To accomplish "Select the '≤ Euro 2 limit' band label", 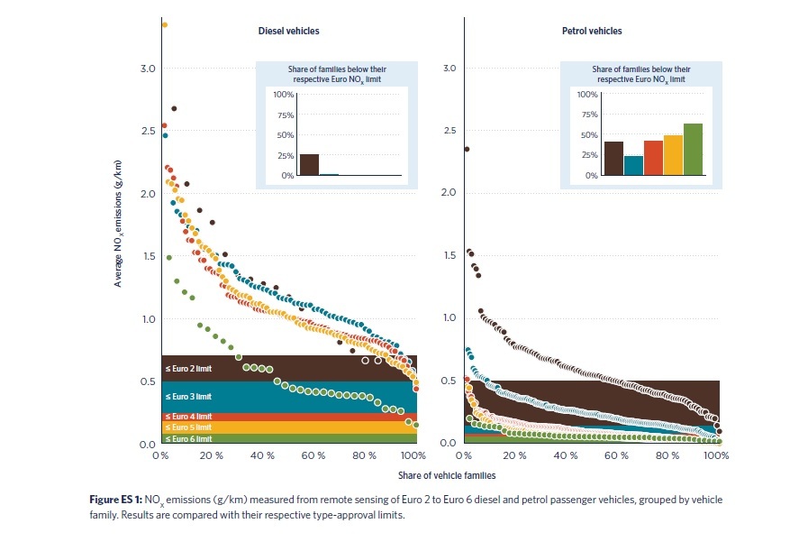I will (x=187, y=369).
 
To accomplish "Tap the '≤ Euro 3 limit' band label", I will (x=187, y=396).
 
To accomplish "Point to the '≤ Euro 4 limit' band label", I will (x=187, y=417).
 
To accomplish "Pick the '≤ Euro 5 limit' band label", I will (x=187, y=427).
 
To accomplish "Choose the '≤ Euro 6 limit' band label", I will (x=187, y=439).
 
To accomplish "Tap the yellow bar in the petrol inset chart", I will (x=673, y=155).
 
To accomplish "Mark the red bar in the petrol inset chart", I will (x=653, y=158).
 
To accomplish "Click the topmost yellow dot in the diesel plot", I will (x=165, y=25).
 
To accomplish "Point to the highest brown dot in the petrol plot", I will (x=467, y=149).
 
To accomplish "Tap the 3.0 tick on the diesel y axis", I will (x=148, y=69).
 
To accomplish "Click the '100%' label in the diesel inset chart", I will (x=283, y=95).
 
